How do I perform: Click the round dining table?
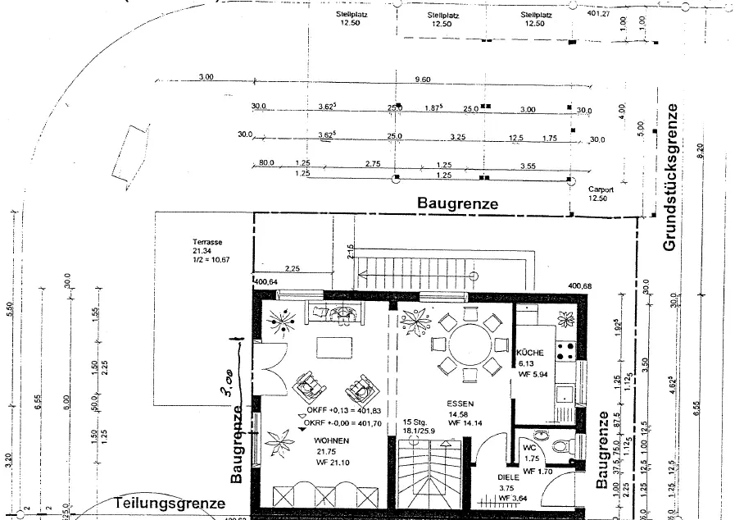coord(465,348)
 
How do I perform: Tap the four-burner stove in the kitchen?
coord(565,351)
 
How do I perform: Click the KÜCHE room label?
coord(531,353)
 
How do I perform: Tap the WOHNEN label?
coord(332,441)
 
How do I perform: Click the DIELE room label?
coord(508,477)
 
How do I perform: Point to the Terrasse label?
coord(208,242)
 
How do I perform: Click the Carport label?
coord(601,189)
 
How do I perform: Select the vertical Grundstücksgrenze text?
coord(669,177)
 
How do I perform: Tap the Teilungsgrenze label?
coord(169,503)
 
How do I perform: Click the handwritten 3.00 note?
coord(227,382)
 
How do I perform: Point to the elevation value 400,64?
coord(267,282)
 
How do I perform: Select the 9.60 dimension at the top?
coord(423,78)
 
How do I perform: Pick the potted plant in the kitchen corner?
coord(562,319)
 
